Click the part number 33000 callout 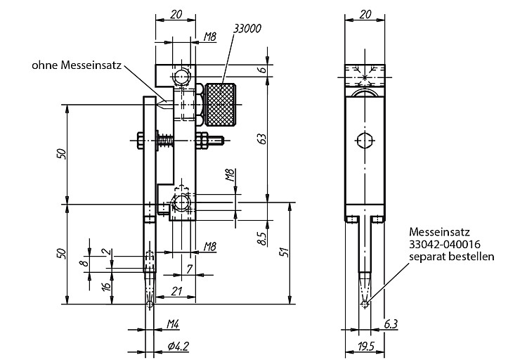(x=247, y=29)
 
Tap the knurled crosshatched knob (x=221, y=105)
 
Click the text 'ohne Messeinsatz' (x=77, y=65)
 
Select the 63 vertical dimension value (x=263, y=139)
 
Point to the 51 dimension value (x=285, y=252)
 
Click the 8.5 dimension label (x=263, y=238)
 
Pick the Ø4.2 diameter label (x=178, y=345)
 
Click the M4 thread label (x=173, y=324)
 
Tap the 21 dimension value (x=176, y=291)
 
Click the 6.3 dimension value (x=391, y=324)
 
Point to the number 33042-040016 (x=444, y=244)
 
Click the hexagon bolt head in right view (x=365, y=141)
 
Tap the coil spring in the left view (x=166, y=140)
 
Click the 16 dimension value (x=106, y=286)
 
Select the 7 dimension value (x=189, y=269)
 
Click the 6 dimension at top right (x=263, y=70)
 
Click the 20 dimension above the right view (x=365, y=14)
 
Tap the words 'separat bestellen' (x=452, y=257)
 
